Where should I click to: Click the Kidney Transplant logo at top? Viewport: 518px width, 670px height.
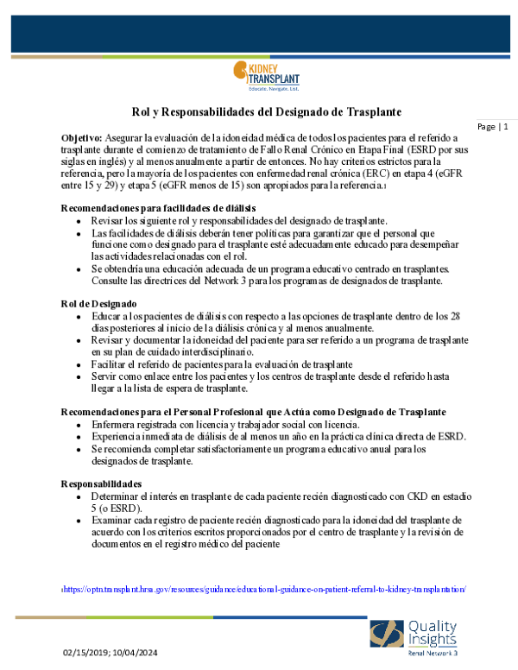click(x=267, y=78)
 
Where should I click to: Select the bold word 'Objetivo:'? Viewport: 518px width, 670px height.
click(x=82, y=137)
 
